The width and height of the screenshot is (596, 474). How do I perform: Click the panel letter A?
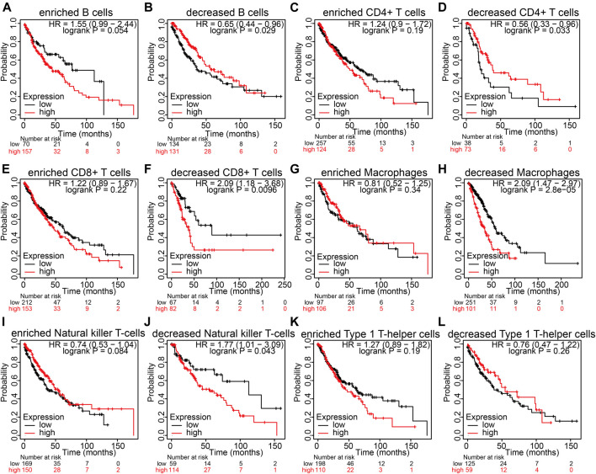[x=7, y=8]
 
